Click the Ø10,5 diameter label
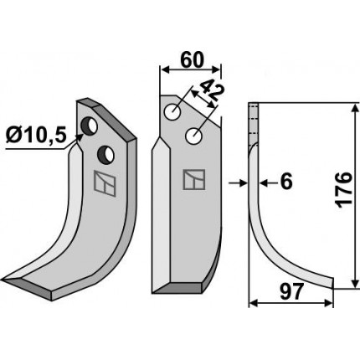pyautogui.click(x=36, y=136)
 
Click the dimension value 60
pyautogui.click(x=193, y=60)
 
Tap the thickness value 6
pyautogui.click(x=286, y=182)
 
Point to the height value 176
pyautogui.click(x=343, y=190)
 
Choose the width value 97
pyautogui.click(x=291, y=291)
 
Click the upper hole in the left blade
pyautogui.click(x=89, y=127)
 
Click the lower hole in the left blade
pyautogui.click(x=105, y=154)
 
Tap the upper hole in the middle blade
pyautogui.click(x=172, y=112)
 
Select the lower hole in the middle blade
pyautogui.click(x=194, y=136)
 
